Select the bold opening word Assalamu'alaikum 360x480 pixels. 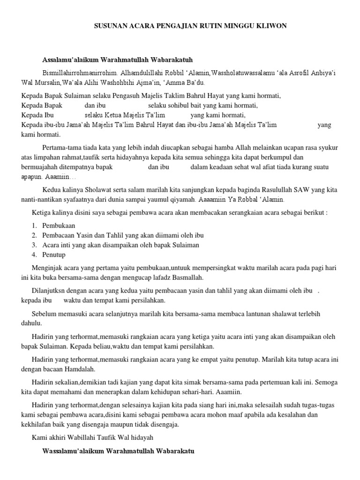click(x=71, y=60)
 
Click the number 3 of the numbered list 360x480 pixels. click(x=34, y=245)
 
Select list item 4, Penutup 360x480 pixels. click(x=54, y=255)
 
